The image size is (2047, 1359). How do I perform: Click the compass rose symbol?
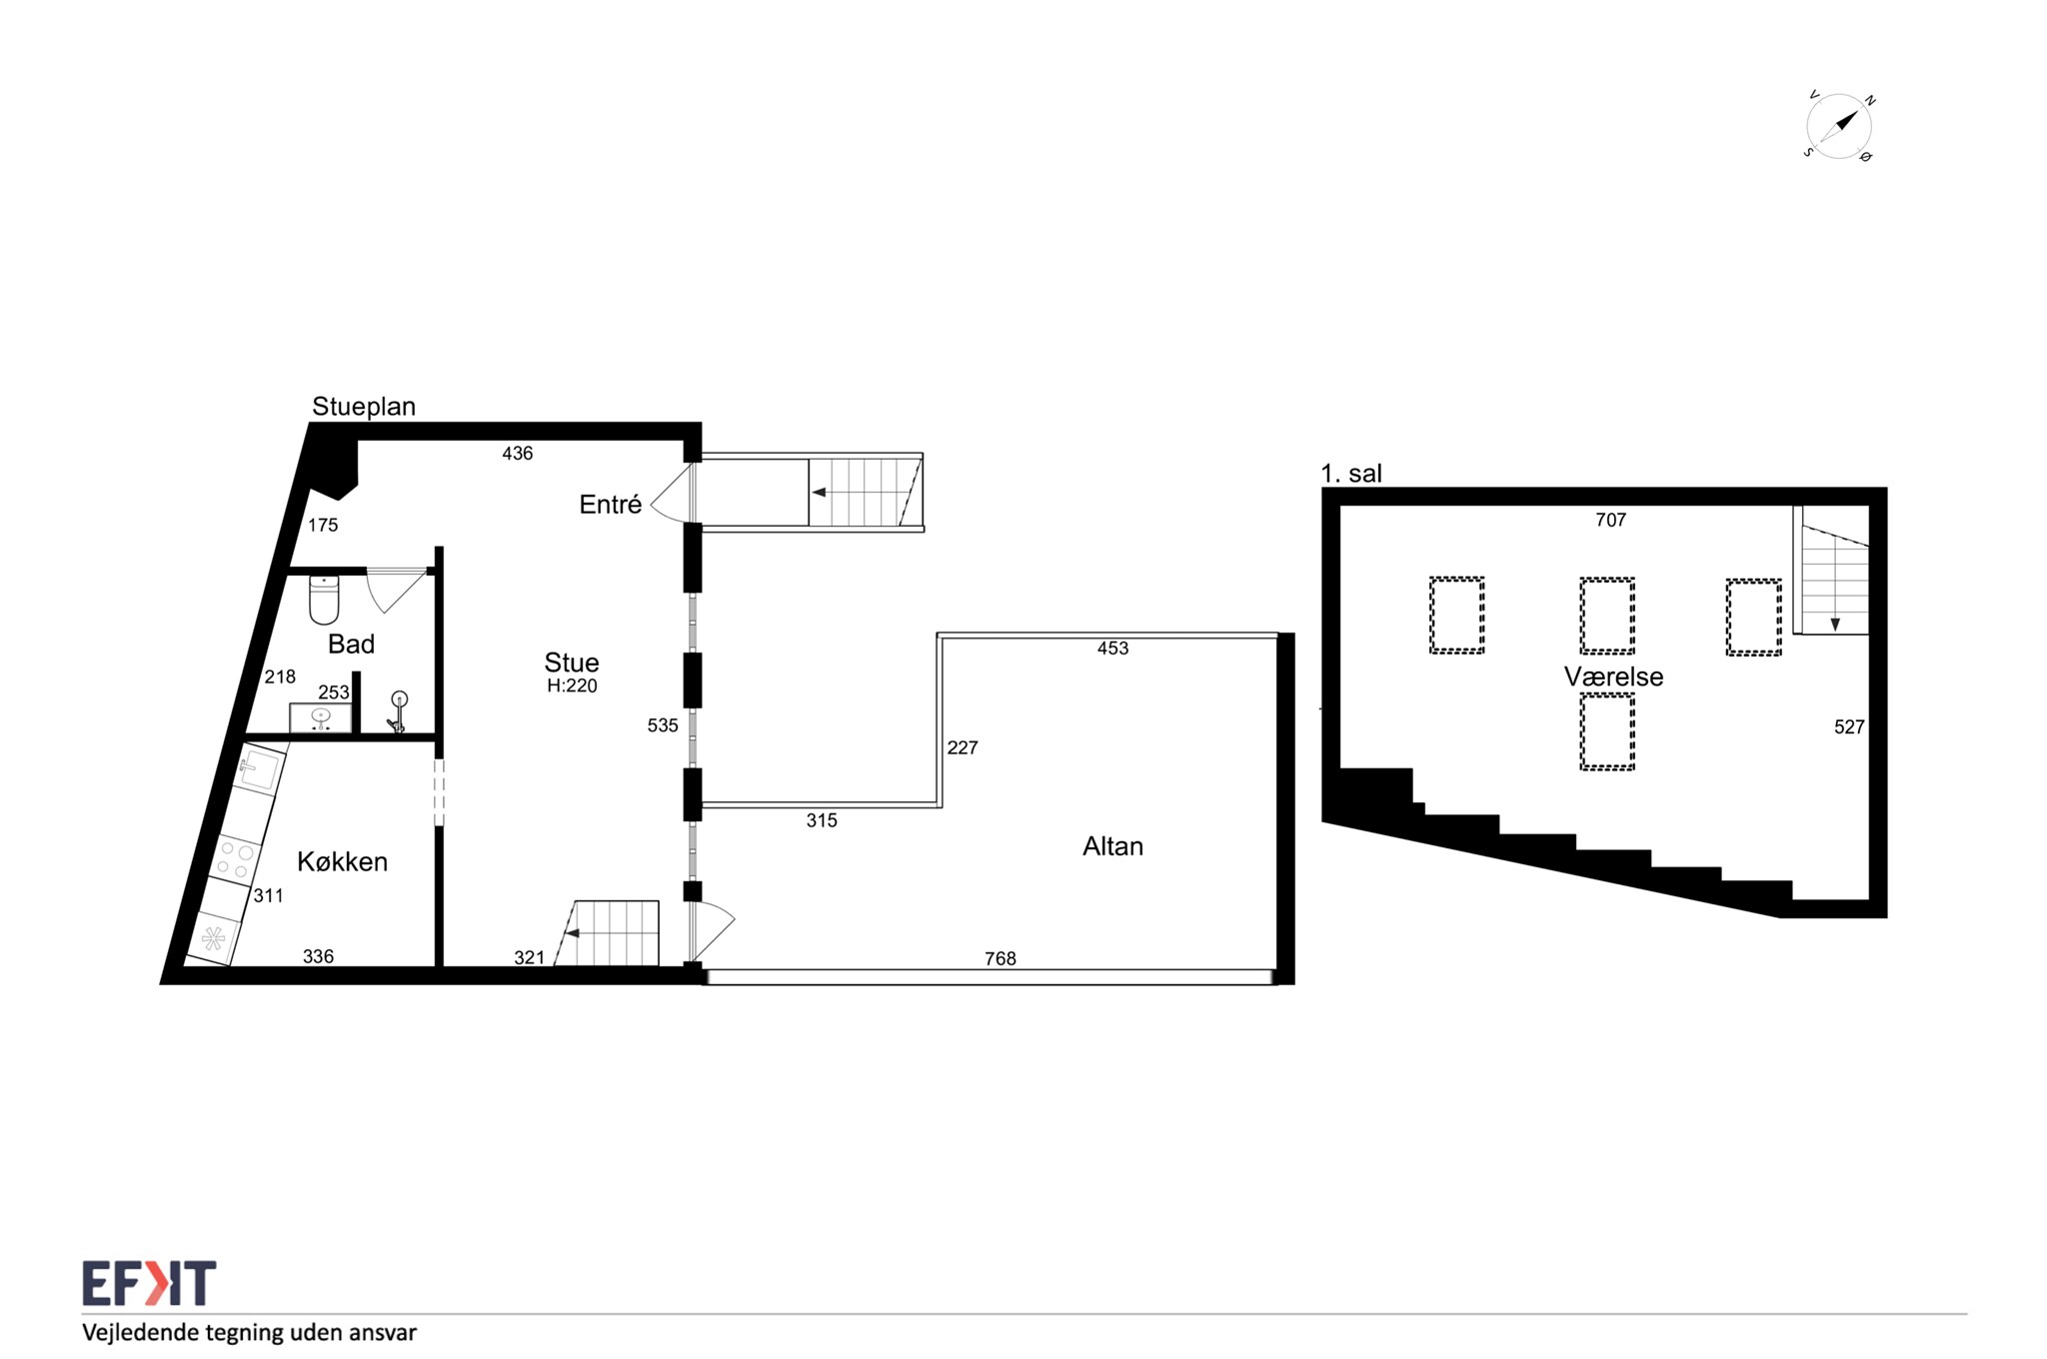tap(1838, 128)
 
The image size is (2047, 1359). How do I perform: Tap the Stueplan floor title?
tap(364, 406)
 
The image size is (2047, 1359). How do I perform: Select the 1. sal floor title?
tap(1351, 474)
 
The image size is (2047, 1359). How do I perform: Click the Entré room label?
tap(610, 505)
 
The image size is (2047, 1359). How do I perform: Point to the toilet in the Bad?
tap(324, 599)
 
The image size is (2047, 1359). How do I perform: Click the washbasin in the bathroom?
tap(321, 717)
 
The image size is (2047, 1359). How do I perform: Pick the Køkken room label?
tap(342, 861)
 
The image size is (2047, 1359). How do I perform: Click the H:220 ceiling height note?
tap(572, 685)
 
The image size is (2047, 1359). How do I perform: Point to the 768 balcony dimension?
tap(1000, 958)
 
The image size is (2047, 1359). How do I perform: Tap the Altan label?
tap(1112, 846)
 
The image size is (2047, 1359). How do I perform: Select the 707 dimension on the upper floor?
tap(1610, 520)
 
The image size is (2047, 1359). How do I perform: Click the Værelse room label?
tap(1613, 677)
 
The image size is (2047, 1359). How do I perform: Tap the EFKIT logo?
tap(149, 1283)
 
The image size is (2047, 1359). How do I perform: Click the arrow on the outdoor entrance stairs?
tap(820, 493)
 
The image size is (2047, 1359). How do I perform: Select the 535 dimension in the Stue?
tap(663, 725)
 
